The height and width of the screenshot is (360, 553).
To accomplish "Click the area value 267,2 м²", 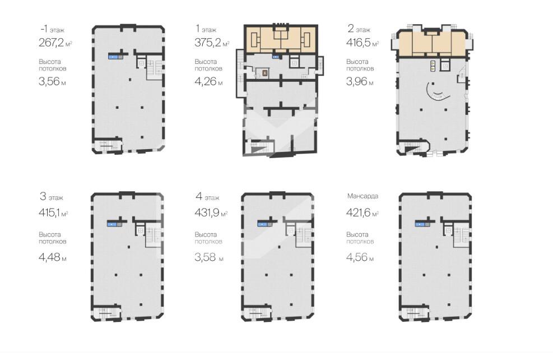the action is pyautogui.click(x=55, y=43).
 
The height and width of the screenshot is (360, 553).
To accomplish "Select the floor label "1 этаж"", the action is pyautogui.click(x=206, y=29).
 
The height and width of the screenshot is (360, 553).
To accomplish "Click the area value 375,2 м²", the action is pyautogui.click(x=212, y=43).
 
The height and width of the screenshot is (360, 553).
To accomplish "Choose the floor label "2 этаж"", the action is pyautogui.click(x=359, y=29).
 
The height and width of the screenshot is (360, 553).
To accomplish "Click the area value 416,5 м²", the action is pyautogui.click(x=363, y=43).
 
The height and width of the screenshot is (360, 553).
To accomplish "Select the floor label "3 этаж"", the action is pyautogui.click(x=52, y=197).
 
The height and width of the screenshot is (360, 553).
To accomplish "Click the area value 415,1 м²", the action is pyautogui.click(x=53, y=213).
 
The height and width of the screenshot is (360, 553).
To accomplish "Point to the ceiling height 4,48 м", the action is pyautogui.click(x=53, y=257).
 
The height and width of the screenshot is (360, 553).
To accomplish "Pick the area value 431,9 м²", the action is pyautogui.click(x=211, y=213).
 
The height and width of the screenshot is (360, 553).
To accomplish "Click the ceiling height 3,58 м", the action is pyautogui.click(x=209, y=257).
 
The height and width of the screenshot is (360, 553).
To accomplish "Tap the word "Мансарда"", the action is pyautogui.click(x=363, y=196).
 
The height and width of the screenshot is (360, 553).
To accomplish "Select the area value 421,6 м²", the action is pyautogui.click(x=363, y=213).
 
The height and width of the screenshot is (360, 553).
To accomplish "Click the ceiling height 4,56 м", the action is pyautogui.click(x=360, y=257).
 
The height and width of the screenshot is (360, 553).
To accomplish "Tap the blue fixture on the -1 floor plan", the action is pyautogui.click(x=113, y=56).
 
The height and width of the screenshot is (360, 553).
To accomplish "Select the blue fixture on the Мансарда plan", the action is pyautogui.click(x=420, y=223).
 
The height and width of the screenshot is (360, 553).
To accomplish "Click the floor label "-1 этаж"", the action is pyautogui.click(x=53, y=29).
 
